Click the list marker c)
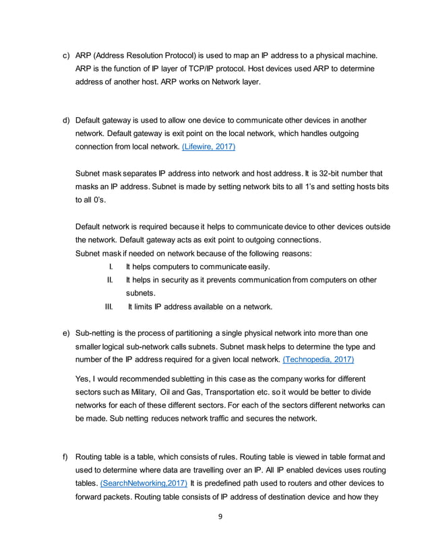pos(66,54)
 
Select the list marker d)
pos(66,120)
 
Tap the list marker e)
pos(66,334)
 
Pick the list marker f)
pos(66,458)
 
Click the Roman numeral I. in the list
pos(110,267)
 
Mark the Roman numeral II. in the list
pos(109,280)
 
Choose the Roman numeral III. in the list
pos(108,307)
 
